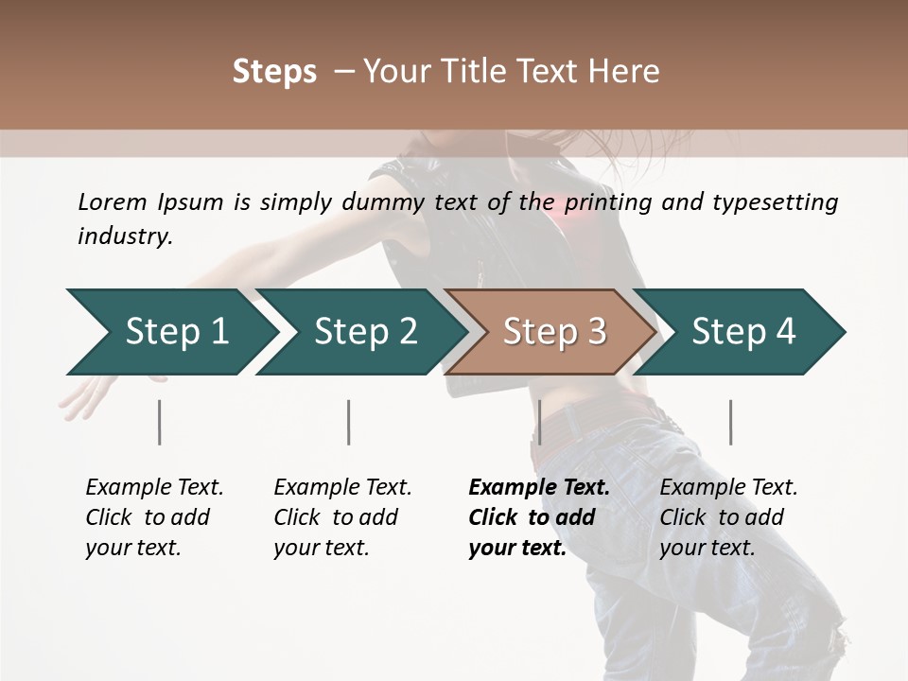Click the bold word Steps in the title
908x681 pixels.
click(x=274, y=72)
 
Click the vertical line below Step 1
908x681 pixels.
click(x=160, y=422)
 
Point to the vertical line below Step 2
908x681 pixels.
click(x=349, y=422)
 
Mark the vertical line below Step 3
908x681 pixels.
click(x=539, y=422)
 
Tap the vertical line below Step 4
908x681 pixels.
click(x=730, y=422)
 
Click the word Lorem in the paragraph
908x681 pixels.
click(x=113, y=201)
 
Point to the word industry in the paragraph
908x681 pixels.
click(x=125, y=236)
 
